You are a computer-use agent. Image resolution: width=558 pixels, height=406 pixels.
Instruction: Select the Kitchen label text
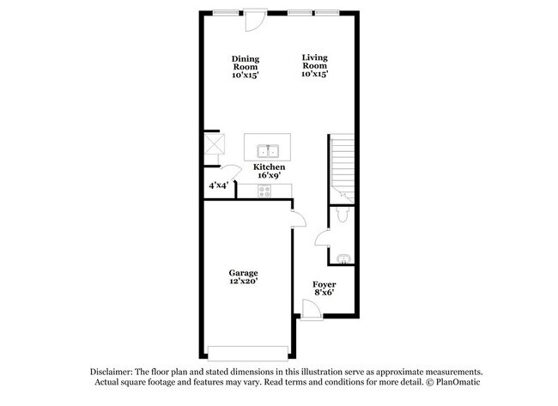coord(269,167)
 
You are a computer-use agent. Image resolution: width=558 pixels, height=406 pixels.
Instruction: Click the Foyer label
coord(324,284)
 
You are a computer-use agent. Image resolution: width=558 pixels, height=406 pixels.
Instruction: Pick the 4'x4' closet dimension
coord(218,185)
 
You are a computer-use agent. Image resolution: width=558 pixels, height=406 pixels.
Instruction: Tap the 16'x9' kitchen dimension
coord(269,175)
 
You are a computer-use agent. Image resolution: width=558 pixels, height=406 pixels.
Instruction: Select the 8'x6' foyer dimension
coord(324,293)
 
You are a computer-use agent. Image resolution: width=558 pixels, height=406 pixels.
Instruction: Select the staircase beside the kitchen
coord(344,162)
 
